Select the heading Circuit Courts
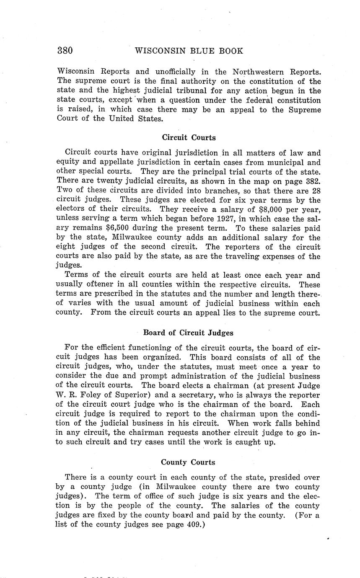pos(189,137)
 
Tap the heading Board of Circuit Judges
pos(188,333)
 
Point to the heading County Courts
pos(188,462)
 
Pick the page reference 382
pos(312,181)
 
